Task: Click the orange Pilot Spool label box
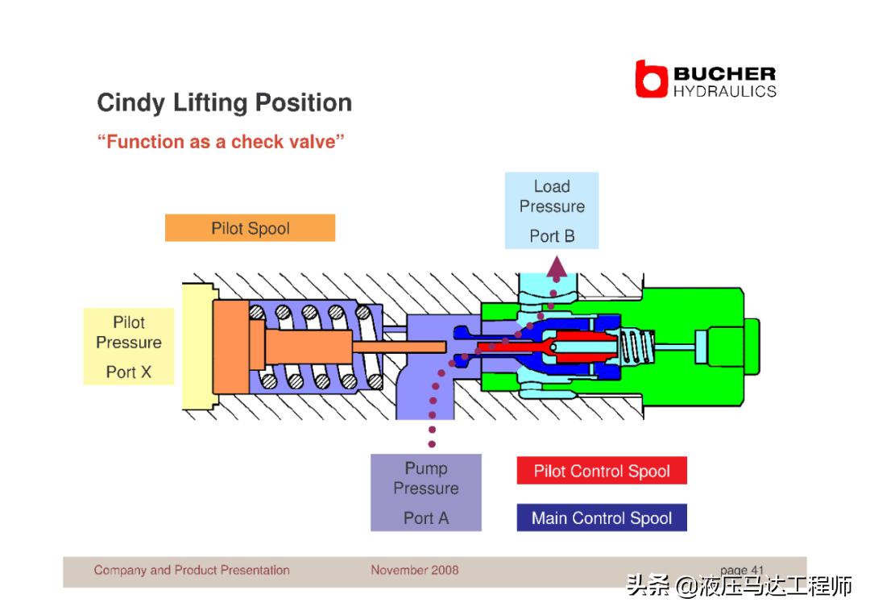pyautogui.click(x=250, y=228)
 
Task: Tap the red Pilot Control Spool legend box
pyautogui.click(x=602, y=472)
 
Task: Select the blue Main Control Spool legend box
pyautogui.click(x=602, y=517)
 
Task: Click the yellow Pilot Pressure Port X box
pyautogui.click(x=129, y=346)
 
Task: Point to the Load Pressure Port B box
pyautogui.click(x=552, y=210)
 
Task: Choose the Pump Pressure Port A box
pyautogui.click(x=426, y=492)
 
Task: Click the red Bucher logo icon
pyautogui.click(x=651, y=79)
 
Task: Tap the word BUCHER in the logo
pyautogui.click(x=724, y=74)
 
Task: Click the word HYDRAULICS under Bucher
pyautogui.click(x=724, y=91)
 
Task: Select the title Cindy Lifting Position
pyautogui.click(x=224, y=103)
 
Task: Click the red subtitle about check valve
pyautogui.click(x=221, y=142)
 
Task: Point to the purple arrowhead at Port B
pyautogui.click(x=557, y=268)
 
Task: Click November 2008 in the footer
pyautogui.click(x=415, y=570)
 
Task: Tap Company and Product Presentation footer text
pyautogui.click(x=192, y=570)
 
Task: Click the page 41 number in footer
pyautogui.click(x=742, y=570)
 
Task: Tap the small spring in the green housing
pyautogui.click(x=632, y=347)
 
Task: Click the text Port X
pyautogui.click(x=129, y=372)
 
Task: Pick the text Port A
pyautogui.click(x=426, y=518)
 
